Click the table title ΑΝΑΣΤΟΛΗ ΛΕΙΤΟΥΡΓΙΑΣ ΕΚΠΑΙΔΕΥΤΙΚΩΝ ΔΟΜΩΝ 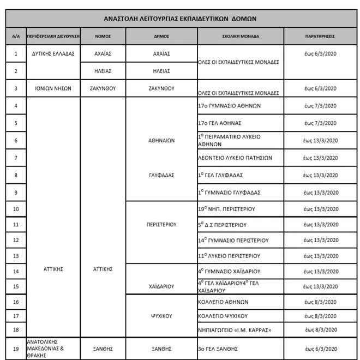pyautogui.click(x=181, y=18)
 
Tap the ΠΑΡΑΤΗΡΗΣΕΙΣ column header pyautogui.click(x=320, y=36)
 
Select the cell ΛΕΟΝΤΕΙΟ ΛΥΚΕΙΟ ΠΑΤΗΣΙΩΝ pyautogui.click(x=235, y=158)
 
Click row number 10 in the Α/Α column pyautogui.click(x=16, y=209)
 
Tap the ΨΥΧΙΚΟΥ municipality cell pyautogui.click(x=161, y=315)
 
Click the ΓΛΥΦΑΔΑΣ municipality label pyautogui.click(x=161, y=175)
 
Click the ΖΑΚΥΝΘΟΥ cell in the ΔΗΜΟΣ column pyautogui.click(x=161, y=88)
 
